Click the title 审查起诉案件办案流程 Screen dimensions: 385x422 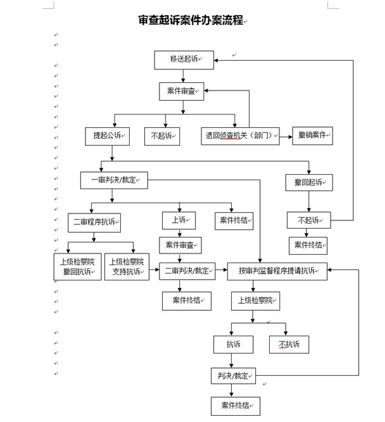[190, 20]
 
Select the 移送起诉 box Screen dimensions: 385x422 [184, 60]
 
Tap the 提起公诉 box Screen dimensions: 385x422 [107, 136]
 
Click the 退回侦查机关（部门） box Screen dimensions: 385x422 [240, 136]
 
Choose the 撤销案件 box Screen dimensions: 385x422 [313, 135]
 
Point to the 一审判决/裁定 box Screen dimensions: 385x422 [114, 180]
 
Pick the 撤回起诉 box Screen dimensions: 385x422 [309, 183]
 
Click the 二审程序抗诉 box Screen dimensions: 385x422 [94, 222]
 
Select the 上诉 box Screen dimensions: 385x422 [179, 220]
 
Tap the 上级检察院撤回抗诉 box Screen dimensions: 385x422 [77, 267]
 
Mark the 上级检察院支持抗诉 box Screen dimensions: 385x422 [127, 267]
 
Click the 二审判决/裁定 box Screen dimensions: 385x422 [187, 271]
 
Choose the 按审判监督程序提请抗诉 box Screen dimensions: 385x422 [277, 271]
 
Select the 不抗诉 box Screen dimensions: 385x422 [289, 344]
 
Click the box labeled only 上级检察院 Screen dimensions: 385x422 [255, 301]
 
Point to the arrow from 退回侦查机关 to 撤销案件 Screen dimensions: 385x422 [286, 137]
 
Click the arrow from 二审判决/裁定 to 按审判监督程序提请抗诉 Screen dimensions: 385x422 [221, 269]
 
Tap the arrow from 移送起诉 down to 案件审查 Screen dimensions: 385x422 [183, 76]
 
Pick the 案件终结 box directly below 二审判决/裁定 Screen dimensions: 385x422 [187, 301]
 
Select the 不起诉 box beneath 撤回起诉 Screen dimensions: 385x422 [308, 220]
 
